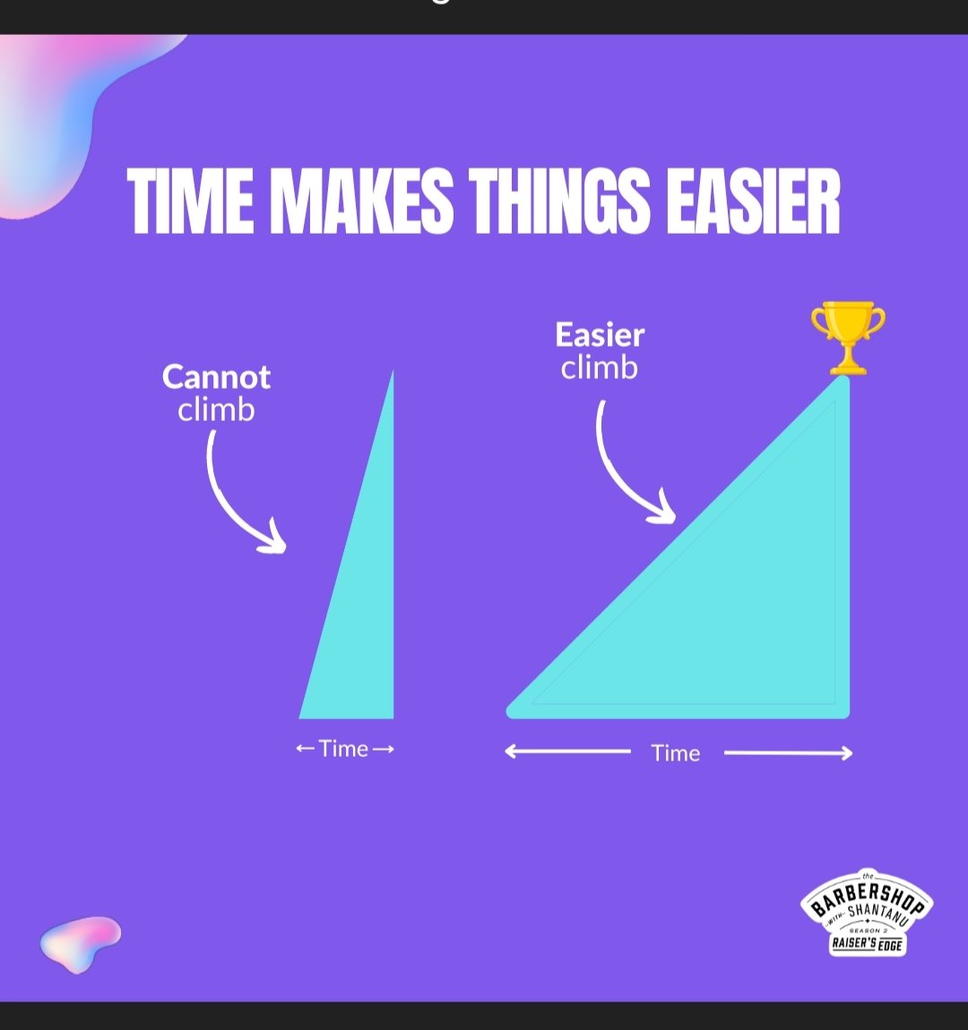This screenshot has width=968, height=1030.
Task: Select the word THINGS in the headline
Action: (559, 201)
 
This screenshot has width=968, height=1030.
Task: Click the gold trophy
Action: (847, 336)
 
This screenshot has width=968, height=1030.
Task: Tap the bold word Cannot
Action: (216, 377)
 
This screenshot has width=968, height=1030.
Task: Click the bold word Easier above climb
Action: (600, 335)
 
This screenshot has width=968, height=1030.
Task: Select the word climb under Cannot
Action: (216, 410)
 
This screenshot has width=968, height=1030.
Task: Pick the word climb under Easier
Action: (600, 367)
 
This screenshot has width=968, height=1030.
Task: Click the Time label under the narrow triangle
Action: (344, 749)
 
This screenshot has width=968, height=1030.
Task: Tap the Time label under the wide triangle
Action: (676, 753)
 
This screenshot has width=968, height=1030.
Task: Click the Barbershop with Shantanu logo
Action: (867, 914)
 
